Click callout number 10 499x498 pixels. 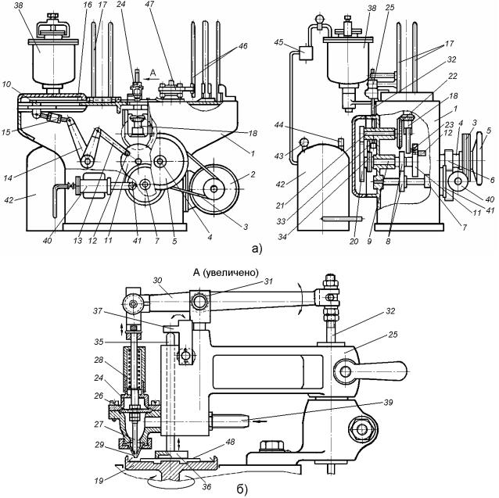click(8, 84)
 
